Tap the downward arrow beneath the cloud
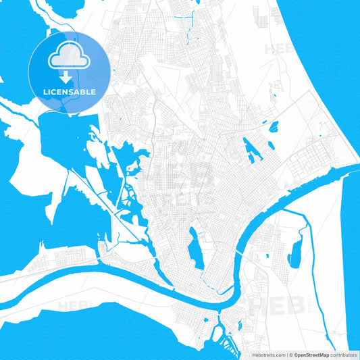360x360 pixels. coord(69,78)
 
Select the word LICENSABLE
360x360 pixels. coord(70,91)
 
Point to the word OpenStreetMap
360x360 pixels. coord(313,354)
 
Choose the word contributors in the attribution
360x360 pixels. coord(344,354)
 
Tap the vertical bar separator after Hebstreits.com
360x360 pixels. coord(286,354)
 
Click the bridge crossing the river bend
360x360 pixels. coord(240,253)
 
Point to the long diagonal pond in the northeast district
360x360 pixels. coord(252,150)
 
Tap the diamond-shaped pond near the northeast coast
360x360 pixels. coord(274,126)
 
